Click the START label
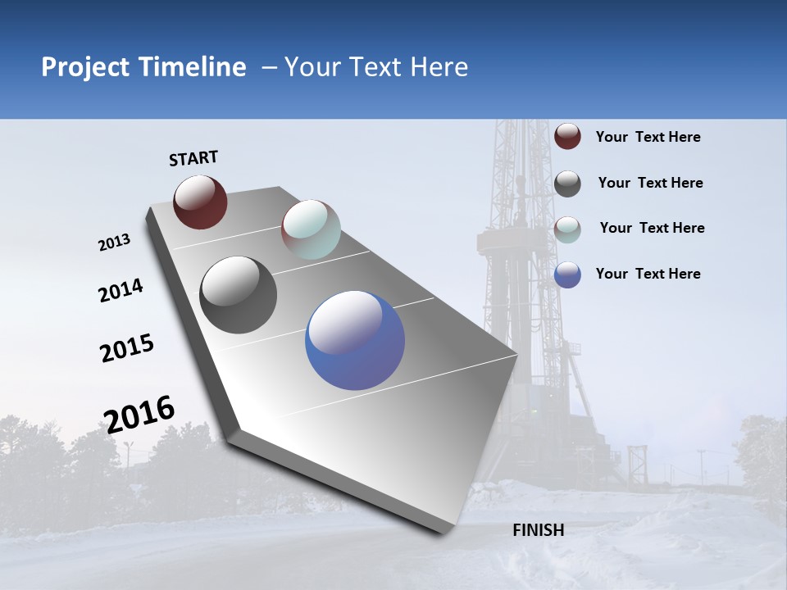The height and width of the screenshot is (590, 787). click(x=193, y=158)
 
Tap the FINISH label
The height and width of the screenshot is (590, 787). click(x=539, y=530)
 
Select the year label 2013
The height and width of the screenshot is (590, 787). click(x=114, y=243)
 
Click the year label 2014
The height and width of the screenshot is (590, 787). click(x=121, y=291)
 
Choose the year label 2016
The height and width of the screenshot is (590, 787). click(x=139, y=414)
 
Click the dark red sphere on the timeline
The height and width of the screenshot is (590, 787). click(x=200, y=202)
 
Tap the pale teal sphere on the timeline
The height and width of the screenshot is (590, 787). click(x=311, y=229)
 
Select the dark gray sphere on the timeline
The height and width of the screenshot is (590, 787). click(x=239, y=295)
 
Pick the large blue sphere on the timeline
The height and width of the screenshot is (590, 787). click(x=355, y=340)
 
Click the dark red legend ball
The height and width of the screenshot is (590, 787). click(x=567, y=137)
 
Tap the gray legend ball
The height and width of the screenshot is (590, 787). click(x=567, y=184)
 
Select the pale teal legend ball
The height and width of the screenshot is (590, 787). click(x=567, y=229)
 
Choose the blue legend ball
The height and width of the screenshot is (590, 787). click(x=567, y=275)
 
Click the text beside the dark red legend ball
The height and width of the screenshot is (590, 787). click(x=648, y=137)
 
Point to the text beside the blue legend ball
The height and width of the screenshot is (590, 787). click(x=648, y=274)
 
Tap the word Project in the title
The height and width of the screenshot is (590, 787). click(x=84, y=67)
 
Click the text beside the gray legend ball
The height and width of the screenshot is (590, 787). click(x=650, y=183)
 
